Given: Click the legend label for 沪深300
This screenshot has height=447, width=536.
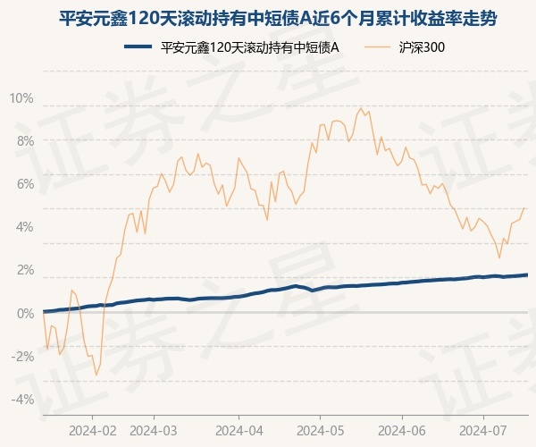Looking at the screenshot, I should click(422, 49).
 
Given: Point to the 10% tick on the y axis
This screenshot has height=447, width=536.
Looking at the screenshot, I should click(22, 97).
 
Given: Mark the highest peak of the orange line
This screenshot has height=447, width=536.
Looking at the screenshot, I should click(361, 108).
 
